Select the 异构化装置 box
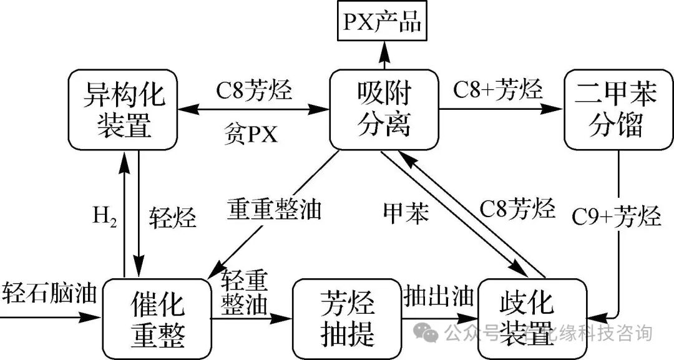[x=124, y=110]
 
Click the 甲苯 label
[x=406, y=213]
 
